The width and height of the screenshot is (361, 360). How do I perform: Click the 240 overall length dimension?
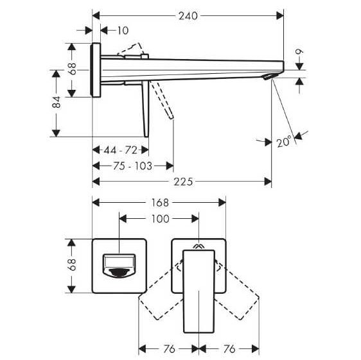tap(188, 13)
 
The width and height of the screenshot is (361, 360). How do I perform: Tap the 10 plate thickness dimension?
tap(123, 30)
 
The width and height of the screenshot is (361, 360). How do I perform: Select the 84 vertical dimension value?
tap(57, 101)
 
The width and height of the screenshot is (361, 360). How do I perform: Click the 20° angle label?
tap(285, 142)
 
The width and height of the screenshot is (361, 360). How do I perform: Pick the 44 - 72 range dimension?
tap(121, 150)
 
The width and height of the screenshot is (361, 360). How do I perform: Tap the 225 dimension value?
tap(185, 182)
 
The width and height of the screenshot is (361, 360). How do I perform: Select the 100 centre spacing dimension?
tap(160, 219)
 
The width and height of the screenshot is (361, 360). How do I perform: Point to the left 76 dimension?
tap(168, 348)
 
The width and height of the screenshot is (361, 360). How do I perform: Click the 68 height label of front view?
tap(73, 264)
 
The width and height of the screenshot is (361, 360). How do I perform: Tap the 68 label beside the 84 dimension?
tap(73, 67)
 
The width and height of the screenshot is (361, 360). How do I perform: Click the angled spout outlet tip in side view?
tap(271, 78)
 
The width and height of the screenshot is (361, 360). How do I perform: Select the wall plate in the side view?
tap(97, 71)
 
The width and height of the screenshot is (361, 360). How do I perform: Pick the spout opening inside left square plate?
tap(120, 264)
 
